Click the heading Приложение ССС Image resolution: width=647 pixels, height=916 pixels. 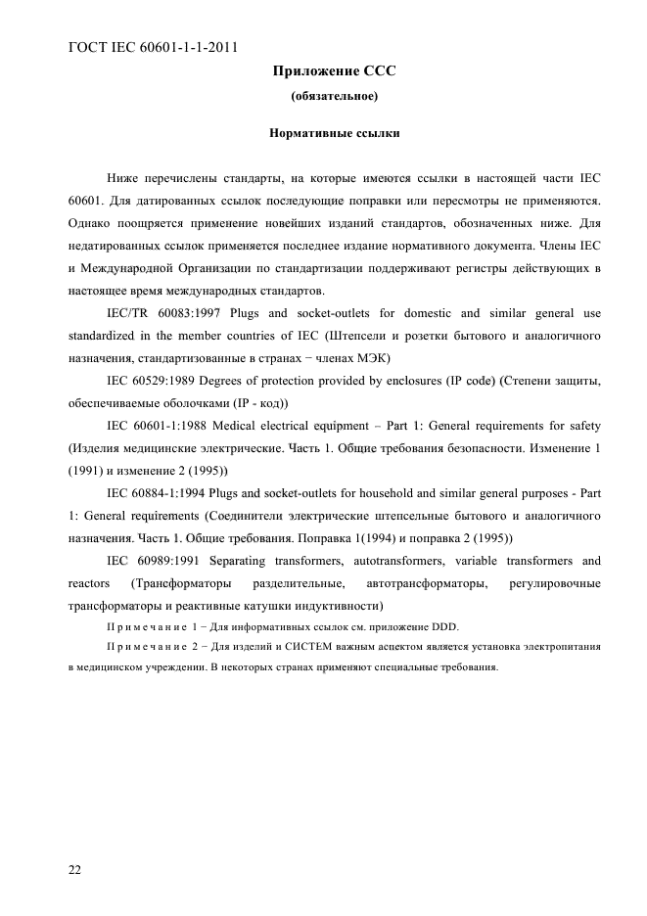click(x=334, y=71)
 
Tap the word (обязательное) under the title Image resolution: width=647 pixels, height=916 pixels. click(x=334, y=96)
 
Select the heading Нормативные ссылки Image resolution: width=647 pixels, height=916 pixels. click(x=334, y=131)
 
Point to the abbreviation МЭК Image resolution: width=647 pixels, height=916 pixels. click(x=375, y=358)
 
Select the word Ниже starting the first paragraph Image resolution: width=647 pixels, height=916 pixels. click(x=125, y=178)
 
